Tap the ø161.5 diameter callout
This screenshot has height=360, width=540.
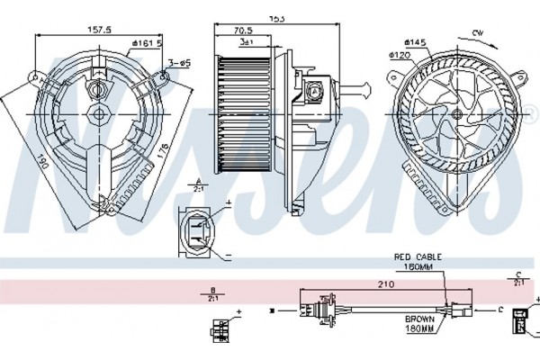point(146,42)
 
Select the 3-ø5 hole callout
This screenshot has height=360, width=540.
point(179,63)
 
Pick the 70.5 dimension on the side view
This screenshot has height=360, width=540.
point(243,30)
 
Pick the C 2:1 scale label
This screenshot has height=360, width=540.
point(517,278)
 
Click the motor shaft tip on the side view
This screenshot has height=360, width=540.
point(368,88)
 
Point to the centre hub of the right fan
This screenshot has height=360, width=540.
point(456,115)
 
